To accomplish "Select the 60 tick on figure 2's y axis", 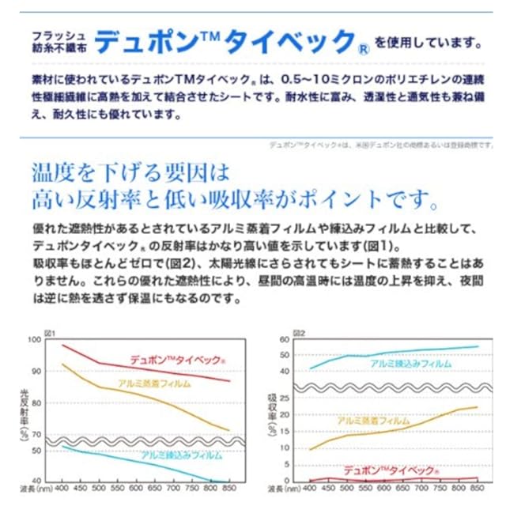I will point(286,340).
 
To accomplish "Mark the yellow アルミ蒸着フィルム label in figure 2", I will point(373,421).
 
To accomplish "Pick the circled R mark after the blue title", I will point(361,46).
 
